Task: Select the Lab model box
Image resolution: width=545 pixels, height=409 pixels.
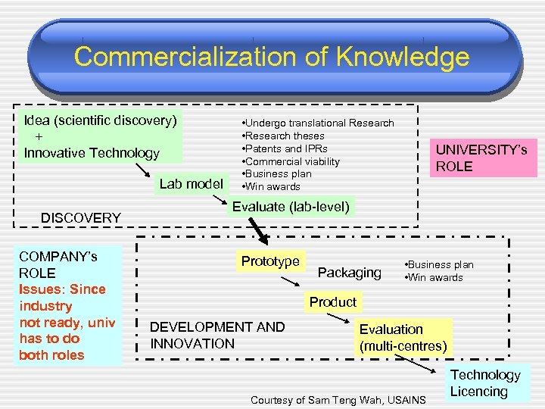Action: pos(191,183)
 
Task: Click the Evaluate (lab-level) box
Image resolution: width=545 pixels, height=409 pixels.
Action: pos(291,207)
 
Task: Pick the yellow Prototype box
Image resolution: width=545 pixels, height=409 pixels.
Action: pos(270,261)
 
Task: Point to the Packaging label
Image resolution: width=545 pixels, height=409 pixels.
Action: pos(349,272)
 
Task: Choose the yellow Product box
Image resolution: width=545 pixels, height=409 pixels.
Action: pos(332,302)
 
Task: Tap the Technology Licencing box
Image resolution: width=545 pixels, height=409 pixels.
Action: pos(485,382)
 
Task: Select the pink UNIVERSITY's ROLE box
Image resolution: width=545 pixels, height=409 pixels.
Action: pos(481,158)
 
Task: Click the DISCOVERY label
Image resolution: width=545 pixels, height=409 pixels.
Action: pos(81,217)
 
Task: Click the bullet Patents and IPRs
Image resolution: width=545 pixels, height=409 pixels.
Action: pos(284,148)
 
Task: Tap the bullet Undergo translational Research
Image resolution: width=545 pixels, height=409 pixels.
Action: pos(317,123)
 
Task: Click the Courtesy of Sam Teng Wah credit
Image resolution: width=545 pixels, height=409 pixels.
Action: pos(338,399)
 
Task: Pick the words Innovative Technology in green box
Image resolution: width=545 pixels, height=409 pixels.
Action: pos(92,153)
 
